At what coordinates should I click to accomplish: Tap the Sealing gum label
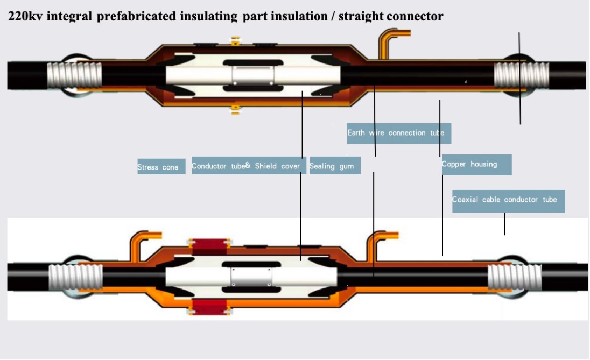point(334,166)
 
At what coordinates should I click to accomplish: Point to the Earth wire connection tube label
point(398,133)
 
